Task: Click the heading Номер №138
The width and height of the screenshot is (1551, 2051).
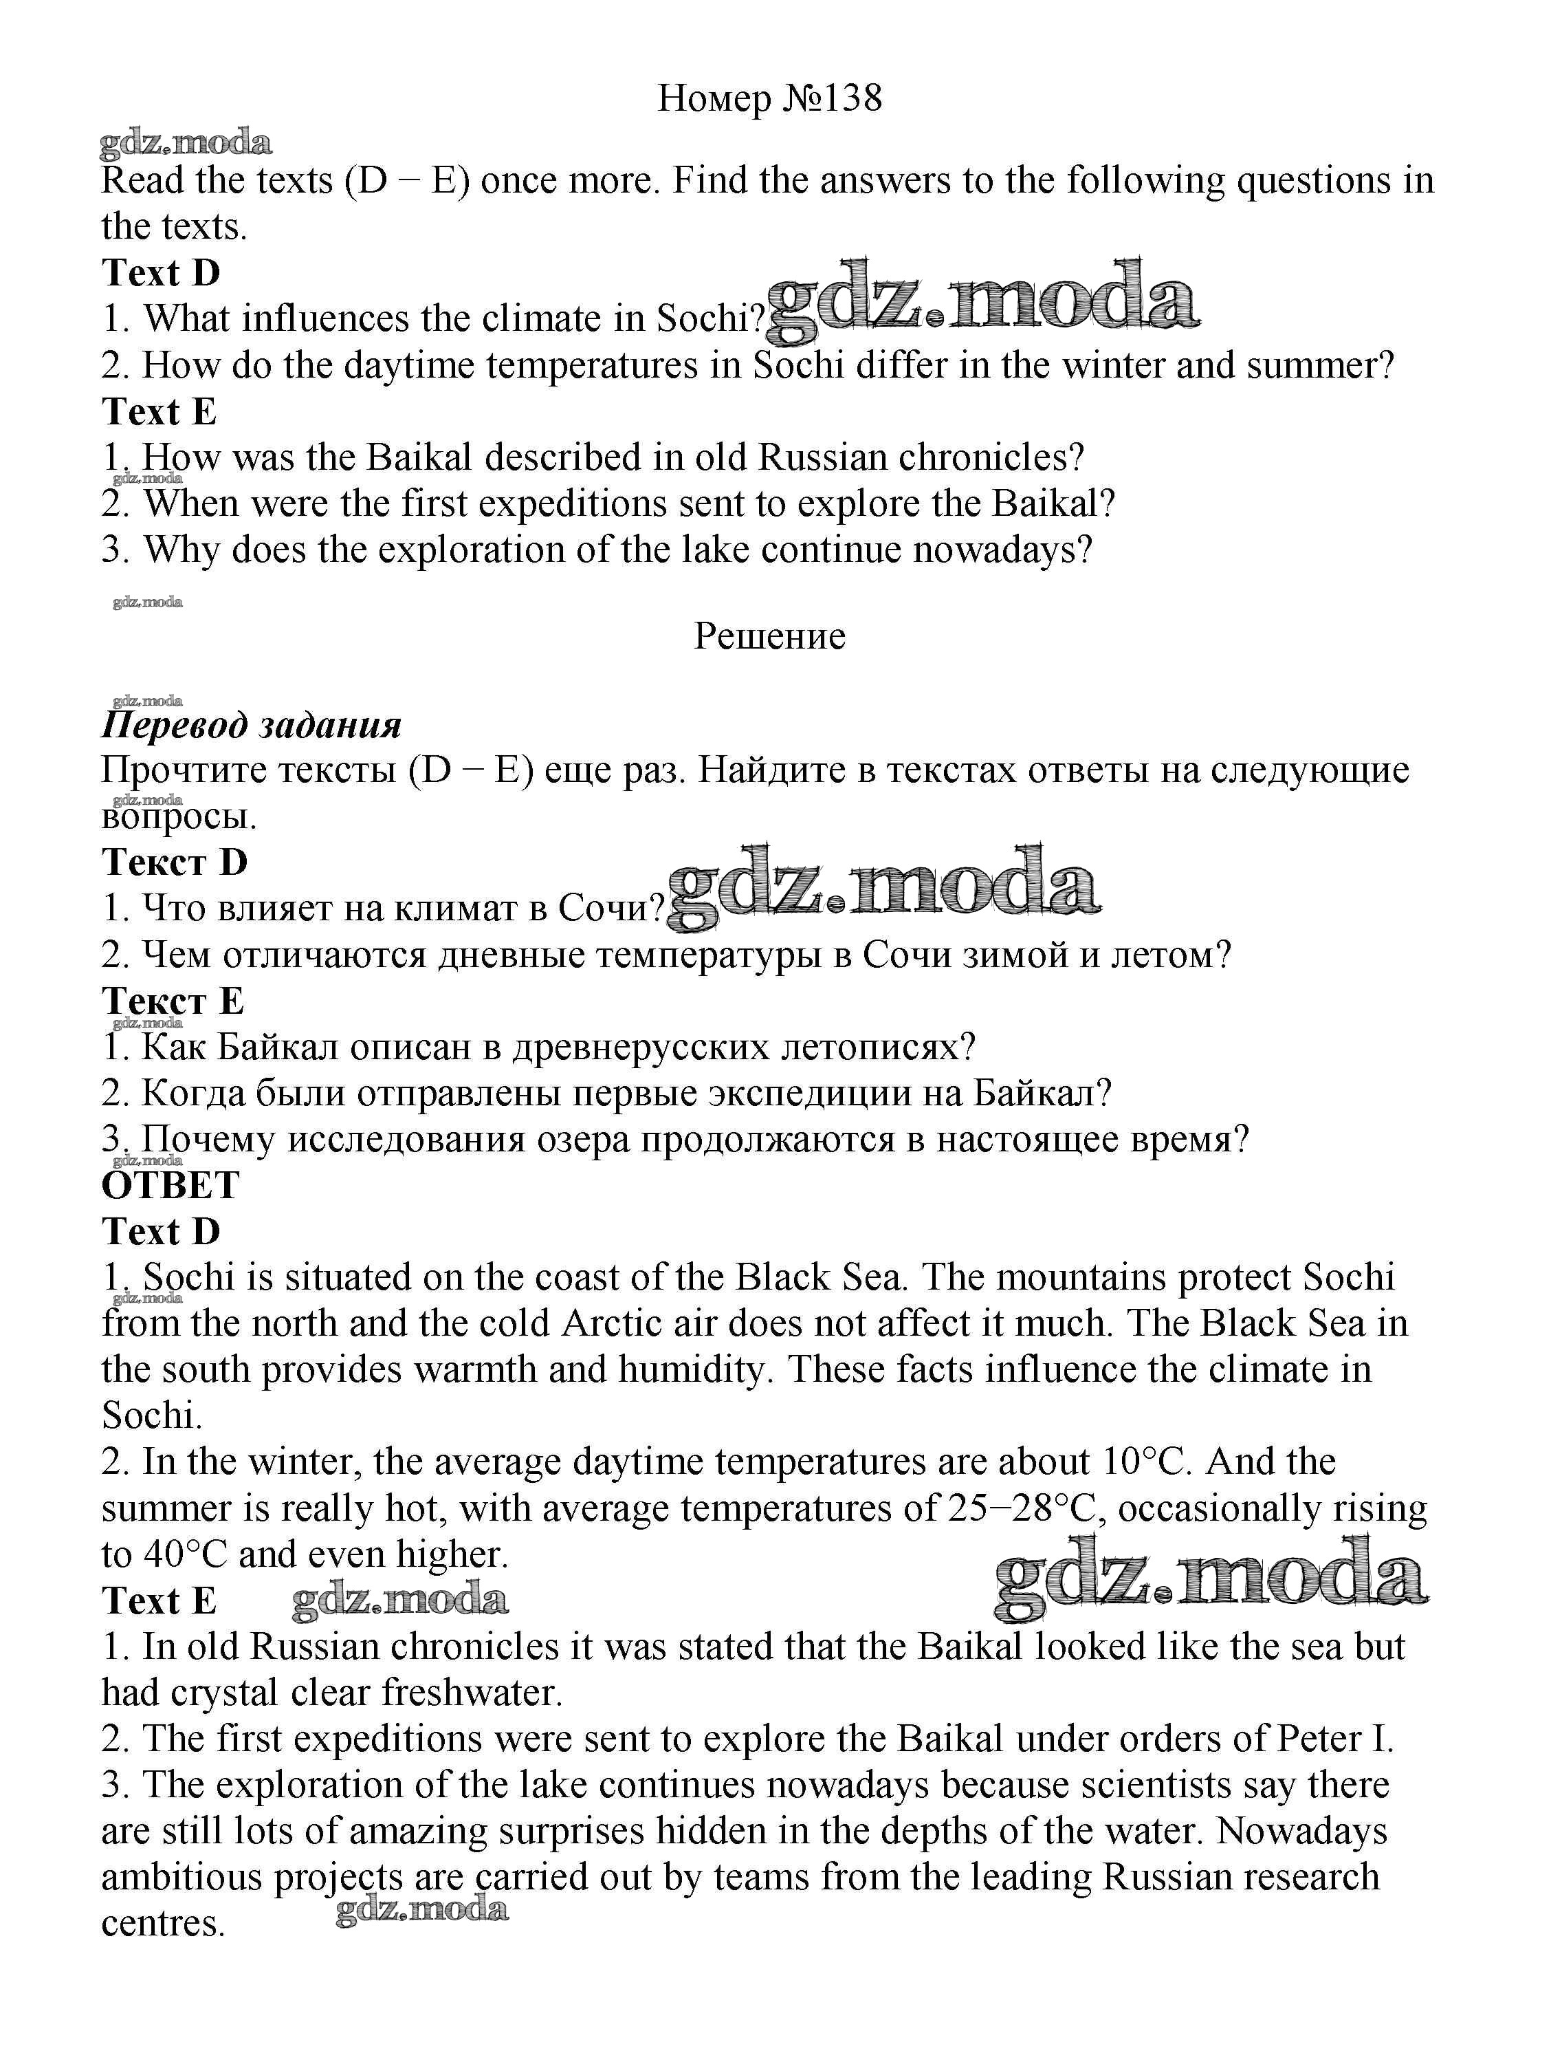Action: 769,98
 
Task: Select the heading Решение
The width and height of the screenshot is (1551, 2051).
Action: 769,637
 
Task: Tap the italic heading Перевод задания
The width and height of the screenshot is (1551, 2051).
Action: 251,725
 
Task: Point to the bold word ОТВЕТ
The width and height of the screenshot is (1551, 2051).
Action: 170,1186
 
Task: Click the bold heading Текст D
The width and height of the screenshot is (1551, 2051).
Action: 175,862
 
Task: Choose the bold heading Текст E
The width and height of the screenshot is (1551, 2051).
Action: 173,1001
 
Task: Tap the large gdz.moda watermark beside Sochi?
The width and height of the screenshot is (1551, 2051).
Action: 982,301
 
